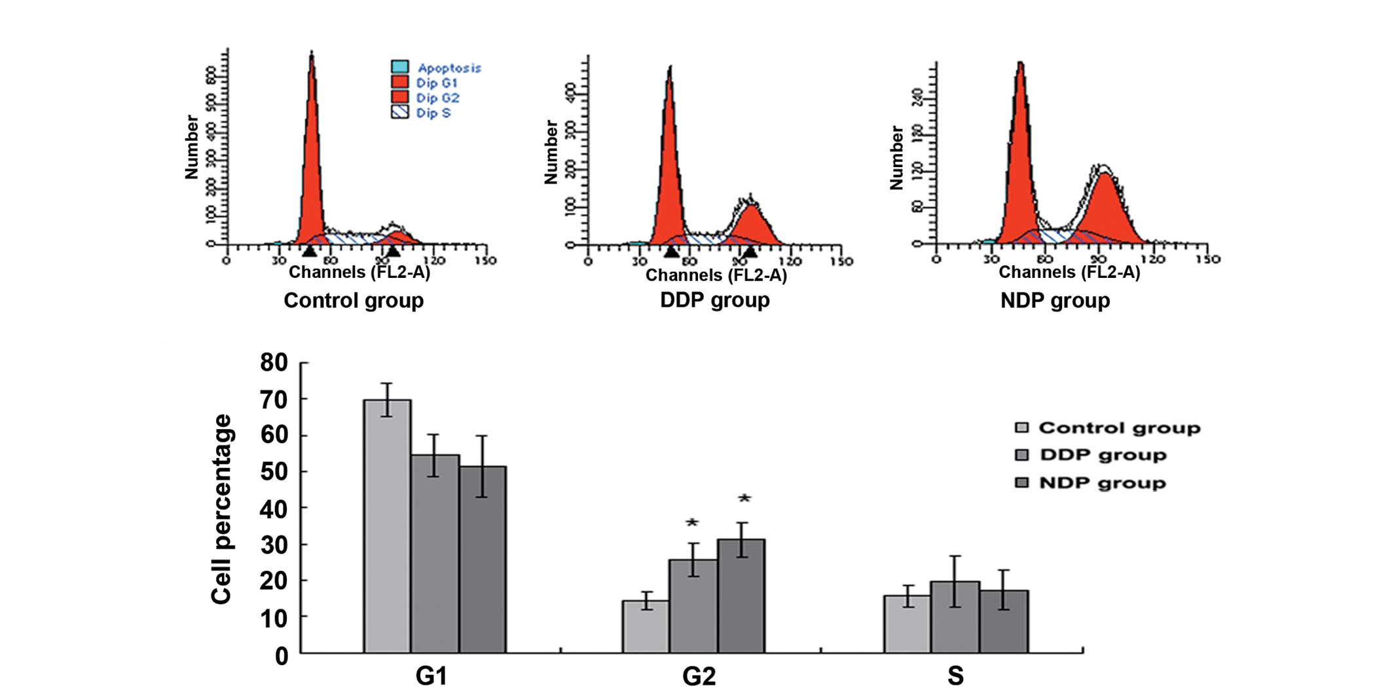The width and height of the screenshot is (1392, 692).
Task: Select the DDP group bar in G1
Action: (x=435, y=553)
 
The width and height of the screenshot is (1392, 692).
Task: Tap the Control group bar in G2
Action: (x=646, y=626)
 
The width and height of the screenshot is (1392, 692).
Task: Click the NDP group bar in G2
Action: (x=741, y=596)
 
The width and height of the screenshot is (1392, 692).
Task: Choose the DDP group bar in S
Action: (x=955, y=617)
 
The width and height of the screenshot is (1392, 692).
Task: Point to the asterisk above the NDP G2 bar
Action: (x=744, y=499)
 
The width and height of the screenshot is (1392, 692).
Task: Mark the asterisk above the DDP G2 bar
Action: (x=693, y=524)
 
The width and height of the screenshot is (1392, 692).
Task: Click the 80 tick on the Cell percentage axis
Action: (x=274, y=362)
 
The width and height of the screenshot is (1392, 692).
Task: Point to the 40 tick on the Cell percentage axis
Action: (x=274, y=509)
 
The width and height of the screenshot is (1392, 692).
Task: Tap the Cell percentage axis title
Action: (x=222, y=509)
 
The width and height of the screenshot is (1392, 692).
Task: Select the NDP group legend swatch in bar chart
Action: (x=1021, y=483)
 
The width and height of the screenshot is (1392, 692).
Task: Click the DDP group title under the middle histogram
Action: (x=714, y=300)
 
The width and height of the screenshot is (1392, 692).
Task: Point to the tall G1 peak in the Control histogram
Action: (x=312, y=151)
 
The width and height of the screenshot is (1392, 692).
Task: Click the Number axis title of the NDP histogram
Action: (x=896, y=158)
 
